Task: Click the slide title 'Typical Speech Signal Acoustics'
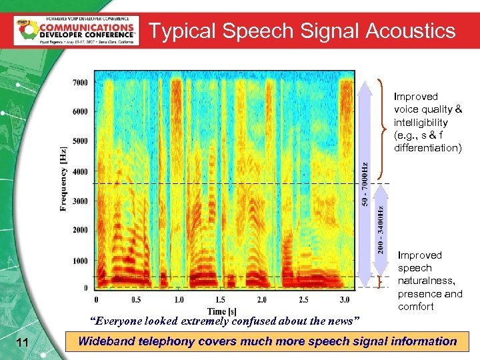click(302, 31)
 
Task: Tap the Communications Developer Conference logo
click(75, 30)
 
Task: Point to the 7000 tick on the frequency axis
click(79, 83)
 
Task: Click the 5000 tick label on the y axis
click(79, 141)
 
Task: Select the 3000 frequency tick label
click(79, 201)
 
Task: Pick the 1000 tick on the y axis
click(79, 261)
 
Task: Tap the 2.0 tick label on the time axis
click(262, 299)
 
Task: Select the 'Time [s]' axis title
click(222, 311)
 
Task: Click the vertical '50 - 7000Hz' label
click(365, 183)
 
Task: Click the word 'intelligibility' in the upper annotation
click(421, 123)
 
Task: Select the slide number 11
click(23, 343)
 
